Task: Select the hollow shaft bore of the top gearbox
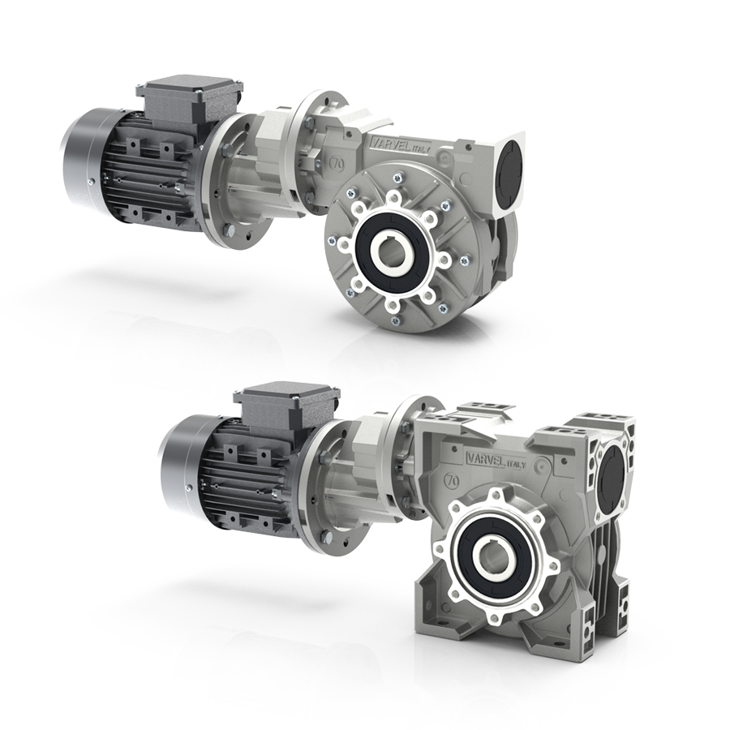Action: [392, 255]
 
